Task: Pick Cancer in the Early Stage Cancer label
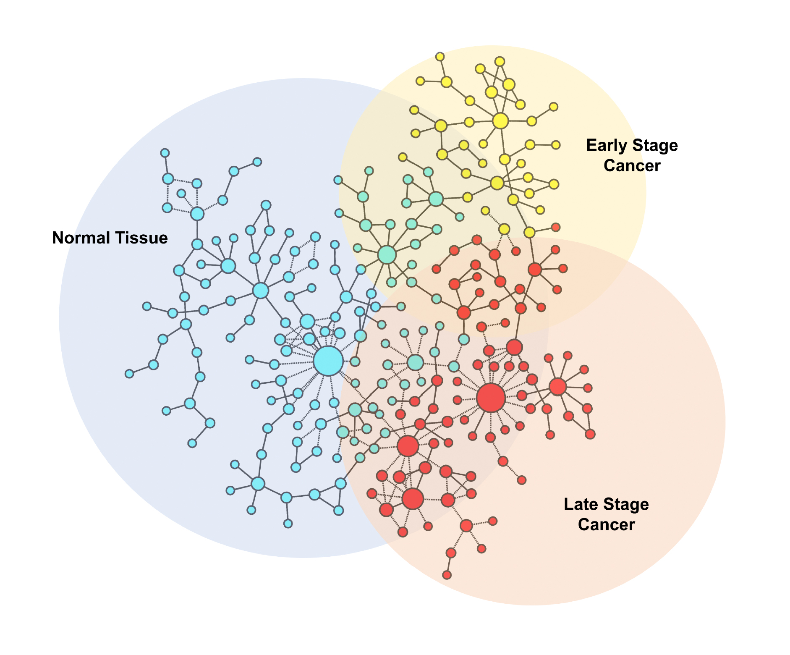[632, 165]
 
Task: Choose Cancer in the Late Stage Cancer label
[606, 524]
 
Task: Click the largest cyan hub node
[328, 361]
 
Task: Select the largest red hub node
[491, 397]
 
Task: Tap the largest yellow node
[500, 121]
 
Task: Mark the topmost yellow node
[440, 57]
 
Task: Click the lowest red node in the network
[447, 575]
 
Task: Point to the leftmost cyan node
[129, 374]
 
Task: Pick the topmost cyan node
[165, 153]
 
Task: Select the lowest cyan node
[288, 524]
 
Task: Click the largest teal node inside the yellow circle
[387, 254]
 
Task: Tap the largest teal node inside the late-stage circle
[415, 362]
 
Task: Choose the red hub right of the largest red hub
[557, 387]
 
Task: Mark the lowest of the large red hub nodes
[413, 498]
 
